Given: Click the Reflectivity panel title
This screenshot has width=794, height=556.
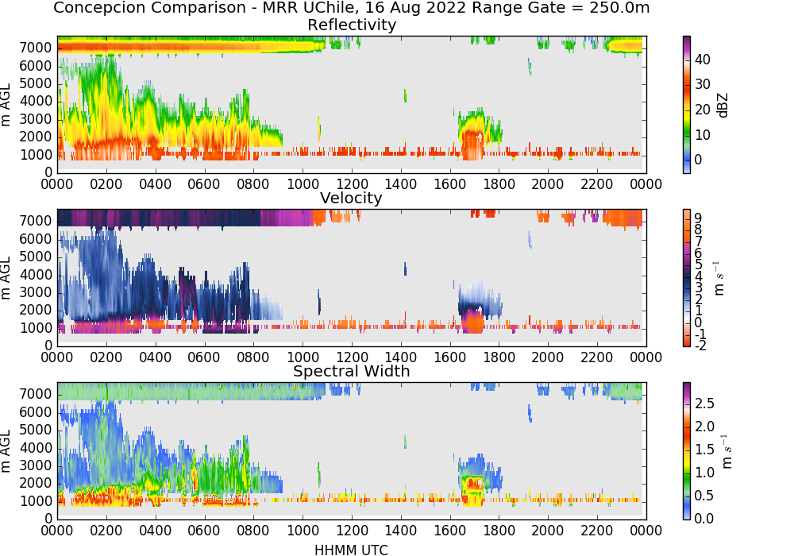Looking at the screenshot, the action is pyautogui.click(x=352, y=25).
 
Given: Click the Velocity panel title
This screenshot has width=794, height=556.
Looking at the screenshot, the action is pyautogui.click(x=351, y=198).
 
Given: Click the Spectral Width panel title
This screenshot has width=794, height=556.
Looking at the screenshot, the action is pyautogui.click(x=352, y=371).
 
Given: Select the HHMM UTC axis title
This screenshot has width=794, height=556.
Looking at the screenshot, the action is pyautogui.click(x=351, y=550).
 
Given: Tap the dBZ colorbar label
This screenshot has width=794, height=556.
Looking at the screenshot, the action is pyautogui.click(x=723, y=106).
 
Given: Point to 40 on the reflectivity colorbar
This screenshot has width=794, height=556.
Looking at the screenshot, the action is pyautogui.click(x=703, y=60).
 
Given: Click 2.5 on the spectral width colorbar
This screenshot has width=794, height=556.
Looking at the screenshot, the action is pyautogui.click(x=704, y=403).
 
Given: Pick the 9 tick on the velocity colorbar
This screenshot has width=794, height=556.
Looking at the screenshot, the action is pyautogui.click(x=698, y=218).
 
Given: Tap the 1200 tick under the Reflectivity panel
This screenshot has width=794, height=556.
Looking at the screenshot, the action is pyautogui.click(x=352, y=183).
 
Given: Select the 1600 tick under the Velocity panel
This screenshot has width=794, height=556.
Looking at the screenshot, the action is pyautogui.click(x=450, y=357).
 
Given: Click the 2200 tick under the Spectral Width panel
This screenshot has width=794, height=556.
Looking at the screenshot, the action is pyautogui.click(x=597, y=530).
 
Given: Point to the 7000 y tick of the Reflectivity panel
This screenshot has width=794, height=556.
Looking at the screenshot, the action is pyautogui.click(x=36, y=48).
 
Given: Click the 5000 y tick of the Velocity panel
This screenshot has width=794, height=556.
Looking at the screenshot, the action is pyautogui.click(x=36, y=257).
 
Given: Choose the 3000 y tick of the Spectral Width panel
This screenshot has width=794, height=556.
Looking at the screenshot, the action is pyautogui.click(x=36, y=465).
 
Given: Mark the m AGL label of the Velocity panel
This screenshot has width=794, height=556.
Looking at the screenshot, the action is pyautogui.click(x=6, y=277).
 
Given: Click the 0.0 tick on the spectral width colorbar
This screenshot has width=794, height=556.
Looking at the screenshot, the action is pyautogui.click(x=704, y=519).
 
